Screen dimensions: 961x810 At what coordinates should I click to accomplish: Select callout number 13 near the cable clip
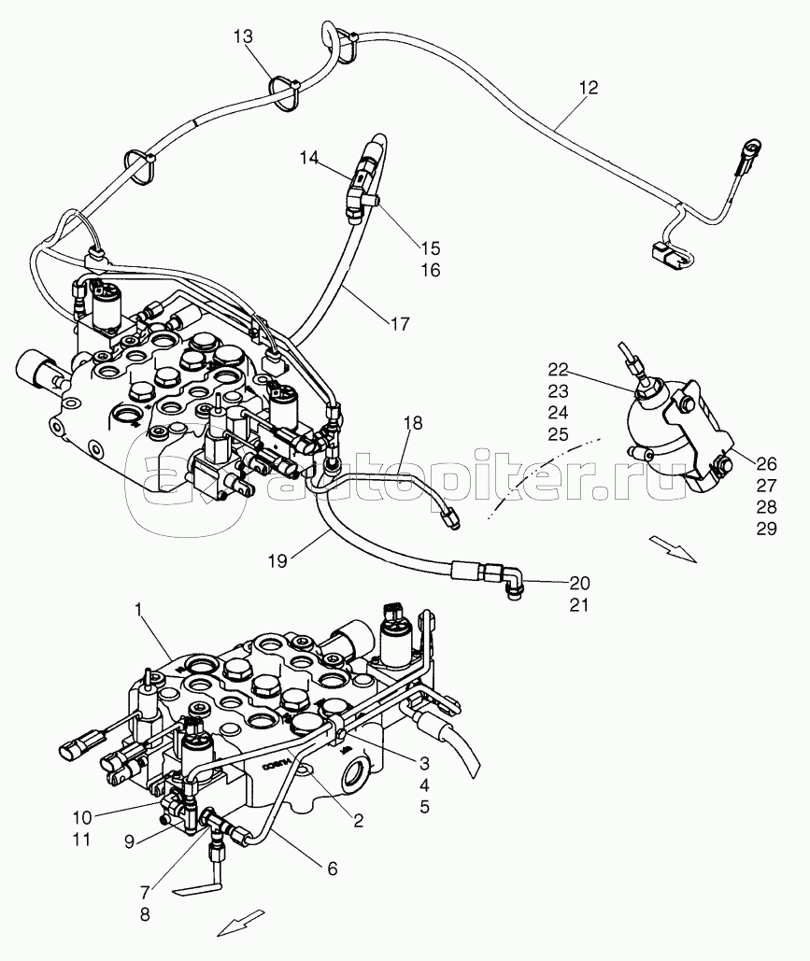pyautogui.click(x=244, y=36)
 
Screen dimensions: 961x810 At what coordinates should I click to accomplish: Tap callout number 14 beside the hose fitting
pyautogui.click(x=310, y=159)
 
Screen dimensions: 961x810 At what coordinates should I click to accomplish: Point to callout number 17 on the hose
pyautogui.click(x=400, y=324)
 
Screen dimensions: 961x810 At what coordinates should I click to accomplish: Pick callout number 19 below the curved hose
pyautogui.click(x=277, y=562)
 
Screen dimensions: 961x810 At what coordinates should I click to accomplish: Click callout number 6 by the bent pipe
pyautogui.click(x=330, y=868)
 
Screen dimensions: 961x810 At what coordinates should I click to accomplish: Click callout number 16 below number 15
pyautogui.click(x=431, y=271)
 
